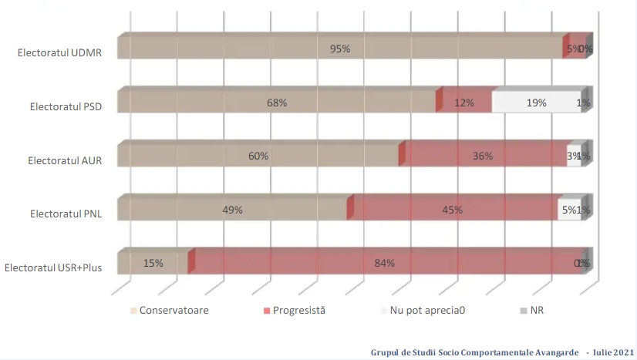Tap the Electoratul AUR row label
(66, 161)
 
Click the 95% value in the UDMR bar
(340, 49)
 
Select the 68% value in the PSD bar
(278, 103)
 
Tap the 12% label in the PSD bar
(463, 103)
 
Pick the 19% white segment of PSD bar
(537, 103)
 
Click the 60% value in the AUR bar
(258, 156)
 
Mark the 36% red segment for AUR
(483, 156)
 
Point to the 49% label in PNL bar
(233, 209)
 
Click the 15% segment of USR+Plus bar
(153, 263)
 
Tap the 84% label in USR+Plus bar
(385, 263)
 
